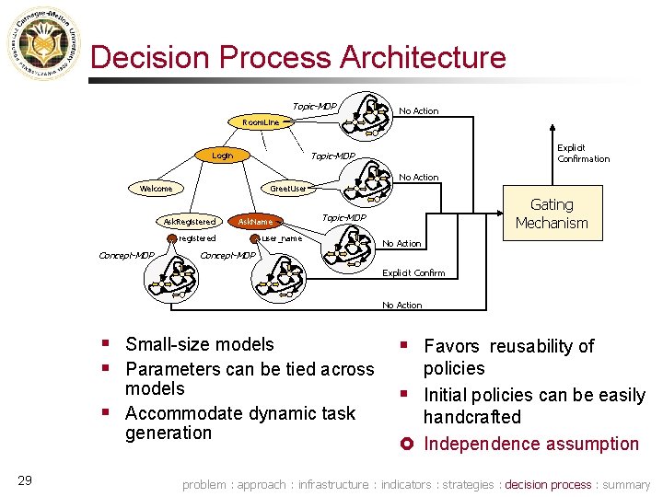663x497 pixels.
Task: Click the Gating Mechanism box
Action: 552,214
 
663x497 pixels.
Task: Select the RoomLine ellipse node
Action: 261,121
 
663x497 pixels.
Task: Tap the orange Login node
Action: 223,156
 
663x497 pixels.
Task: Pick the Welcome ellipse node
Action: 156,189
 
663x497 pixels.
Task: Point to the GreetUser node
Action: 287,189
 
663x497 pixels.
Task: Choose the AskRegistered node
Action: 190,222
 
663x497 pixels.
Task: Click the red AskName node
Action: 255,222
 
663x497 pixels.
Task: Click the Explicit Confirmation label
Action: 583,153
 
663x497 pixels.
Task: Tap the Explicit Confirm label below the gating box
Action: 413,273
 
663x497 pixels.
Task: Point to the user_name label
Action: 282,238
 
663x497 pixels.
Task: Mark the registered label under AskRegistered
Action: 197,238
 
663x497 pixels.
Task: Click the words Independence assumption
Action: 530,444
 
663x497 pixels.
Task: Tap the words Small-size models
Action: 199,344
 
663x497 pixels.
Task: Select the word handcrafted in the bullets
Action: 471,417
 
